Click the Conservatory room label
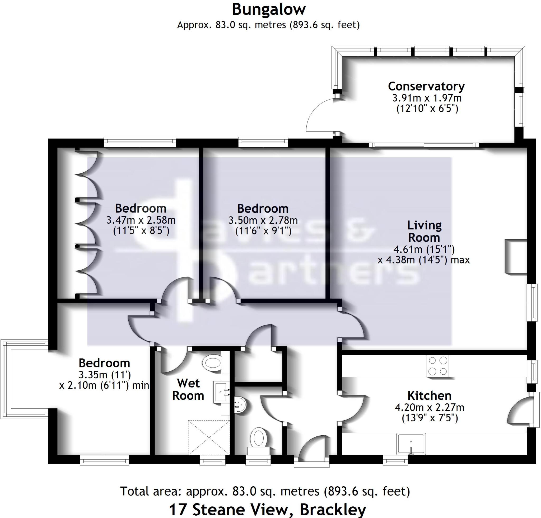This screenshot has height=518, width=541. point(426,86)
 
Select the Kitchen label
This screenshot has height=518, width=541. point(429,396)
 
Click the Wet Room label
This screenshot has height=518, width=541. point(188,389)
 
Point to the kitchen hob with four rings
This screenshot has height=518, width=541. point(437,366)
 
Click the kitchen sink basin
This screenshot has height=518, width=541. point(411,444)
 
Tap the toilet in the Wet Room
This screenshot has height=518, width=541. point(212,363)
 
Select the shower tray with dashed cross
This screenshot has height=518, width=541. point(209,438)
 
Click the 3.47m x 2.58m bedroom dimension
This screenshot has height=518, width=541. point(141,220)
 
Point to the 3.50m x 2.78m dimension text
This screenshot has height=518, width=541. point(263,220)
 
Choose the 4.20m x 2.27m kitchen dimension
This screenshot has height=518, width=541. point(429,407)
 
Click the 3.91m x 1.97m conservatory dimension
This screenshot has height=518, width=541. point(427,98)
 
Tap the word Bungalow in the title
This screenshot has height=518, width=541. point(269,10)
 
